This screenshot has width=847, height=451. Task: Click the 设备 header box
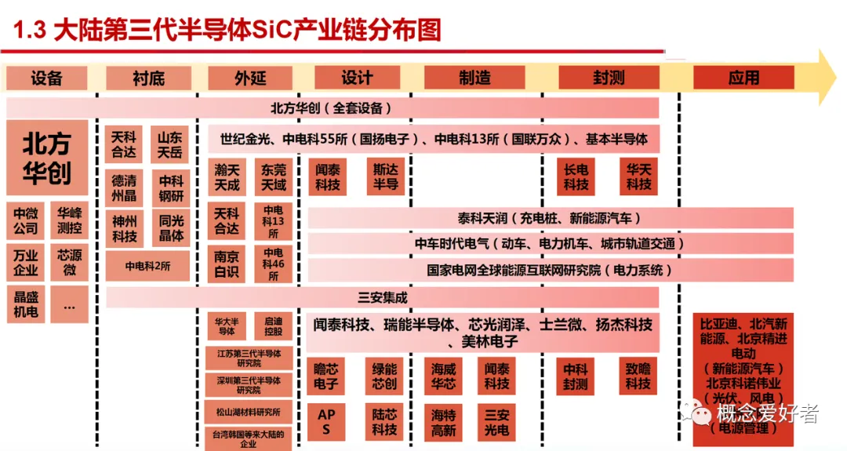(47, 78)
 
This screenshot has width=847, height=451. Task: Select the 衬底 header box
(148, 78)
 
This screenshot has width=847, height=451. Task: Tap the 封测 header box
(608, 78)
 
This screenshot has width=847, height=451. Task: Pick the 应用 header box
(743, 78)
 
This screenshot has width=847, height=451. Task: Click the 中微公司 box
(25, 222)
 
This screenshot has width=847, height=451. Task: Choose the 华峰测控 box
(69, 222)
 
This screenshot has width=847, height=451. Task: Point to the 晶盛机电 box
(25, 304)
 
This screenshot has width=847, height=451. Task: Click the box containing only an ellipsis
(69, 304)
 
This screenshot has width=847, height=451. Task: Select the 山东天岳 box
(170, 144)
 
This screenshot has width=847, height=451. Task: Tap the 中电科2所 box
(148, 266)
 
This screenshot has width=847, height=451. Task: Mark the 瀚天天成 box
(227, 177)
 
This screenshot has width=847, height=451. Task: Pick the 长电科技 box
(576, 177)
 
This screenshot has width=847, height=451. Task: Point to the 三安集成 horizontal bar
(382, 297)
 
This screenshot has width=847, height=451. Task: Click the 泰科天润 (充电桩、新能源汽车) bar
(550, 218)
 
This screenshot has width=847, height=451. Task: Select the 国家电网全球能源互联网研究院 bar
(550, 270)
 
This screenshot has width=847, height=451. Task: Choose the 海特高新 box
(443, 422)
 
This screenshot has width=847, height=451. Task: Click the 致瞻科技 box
(638, 376)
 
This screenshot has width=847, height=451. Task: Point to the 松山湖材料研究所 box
(248, 411)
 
